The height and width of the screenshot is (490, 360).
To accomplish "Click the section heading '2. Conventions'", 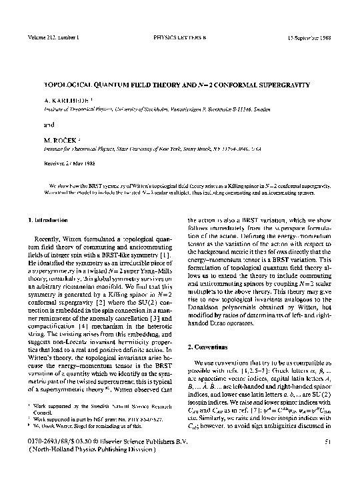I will (211, 347).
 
